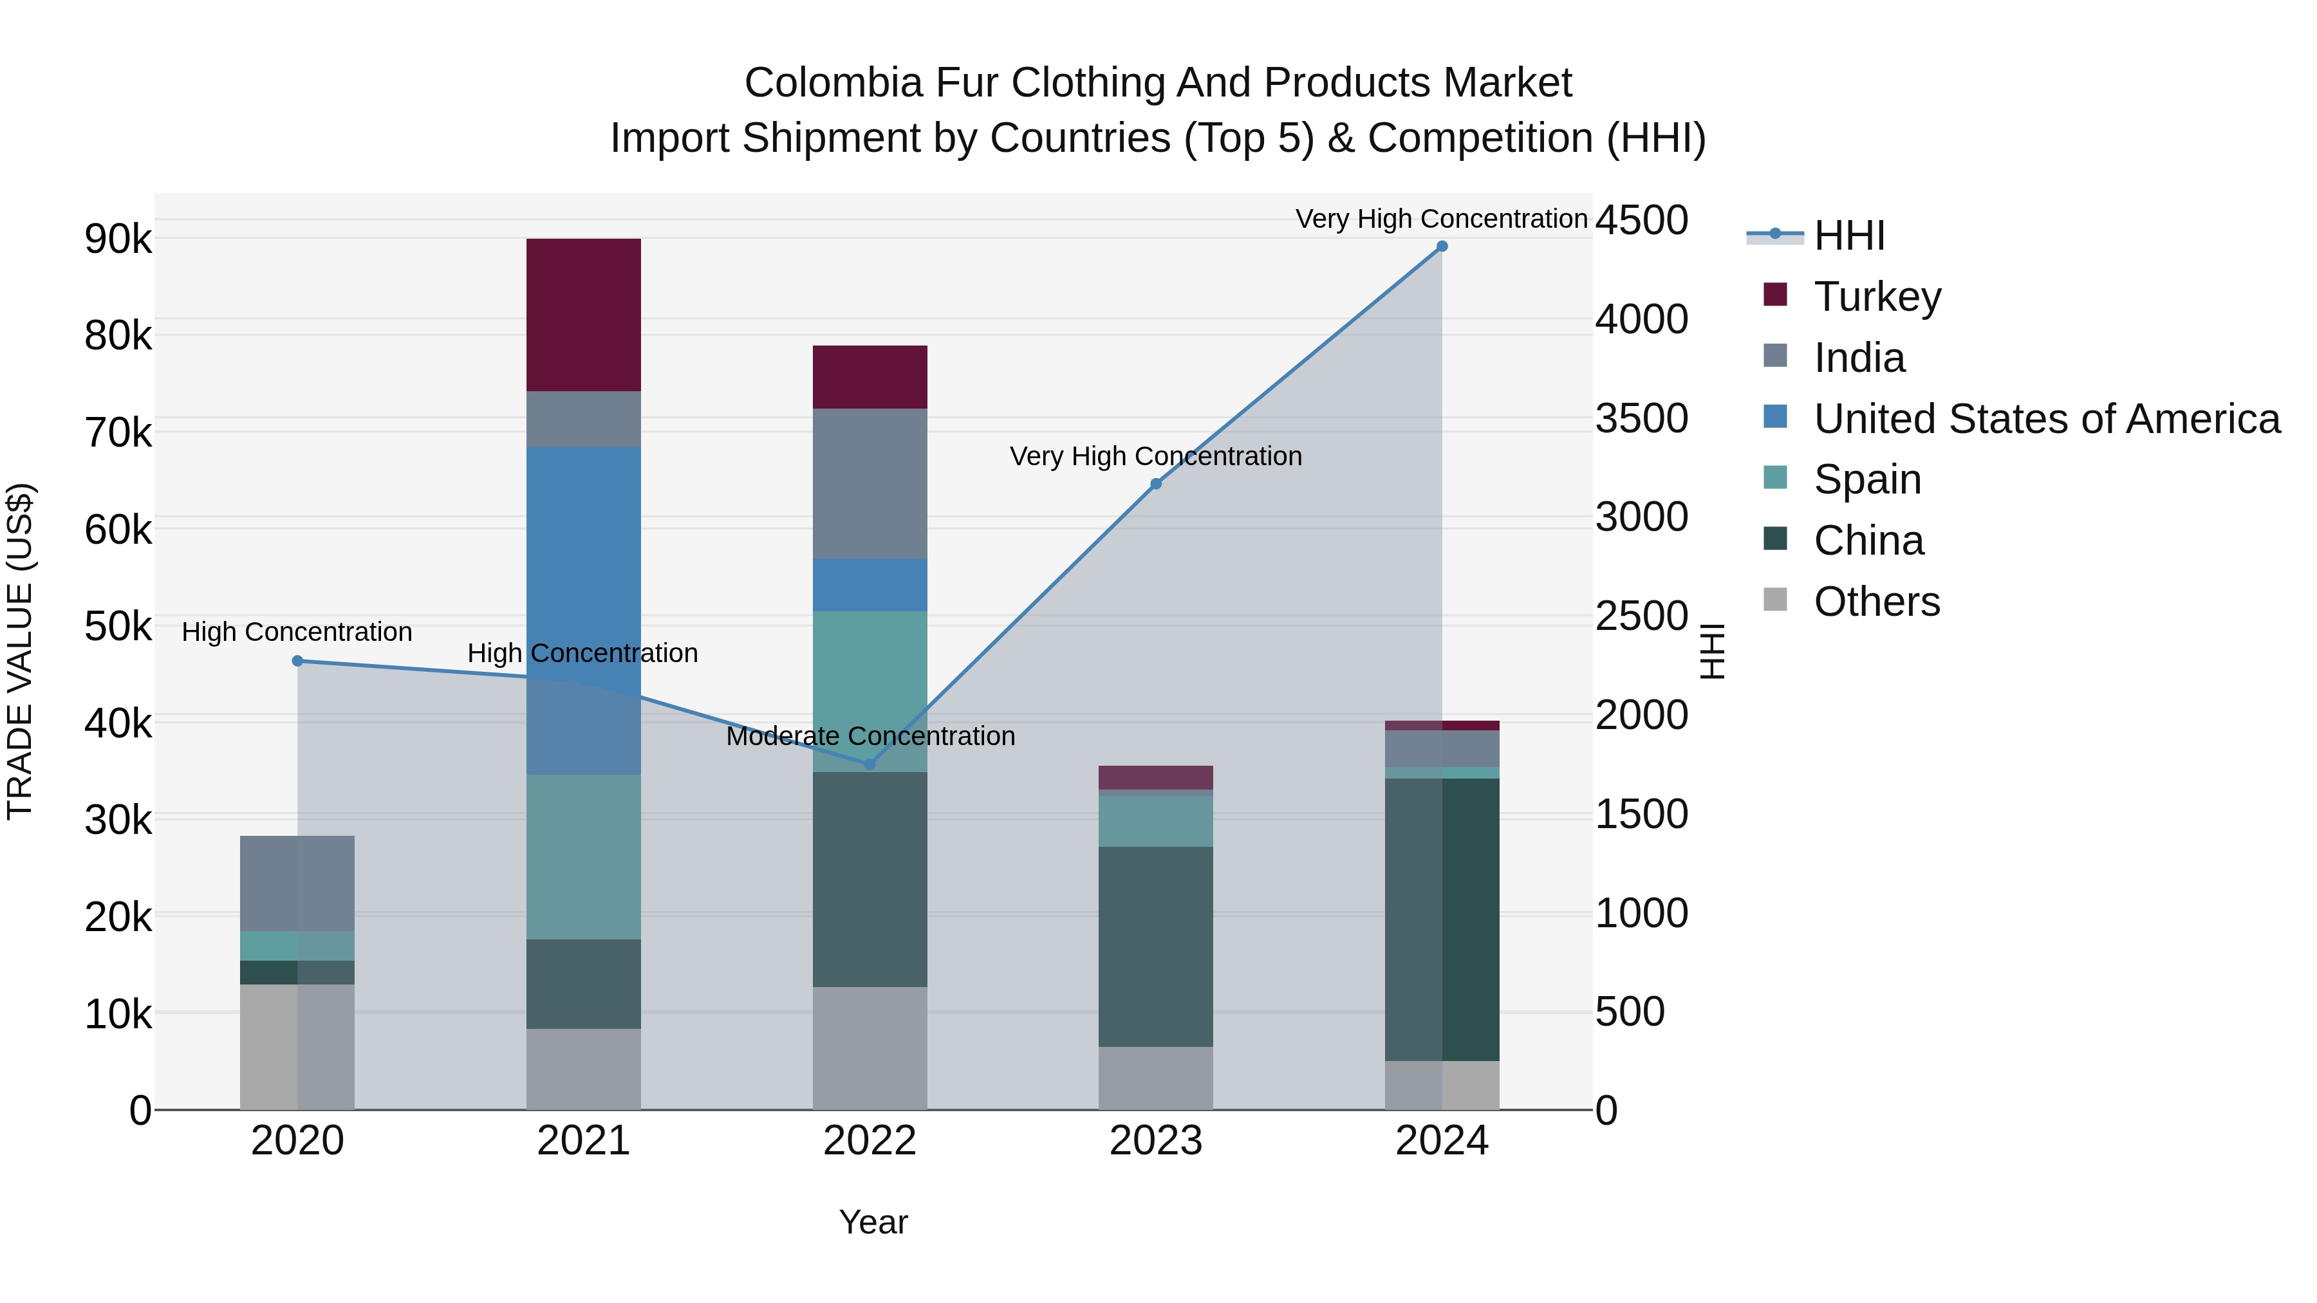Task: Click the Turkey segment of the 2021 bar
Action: [x=583, y=315]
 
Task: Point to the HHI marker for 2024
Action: [x=1442, y=246]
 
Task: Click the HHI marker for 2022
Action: [x=870, y=764]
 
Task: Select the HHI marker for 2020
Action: [x=298, y=661]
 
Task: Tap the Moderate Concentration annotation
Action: [x=870, y=737]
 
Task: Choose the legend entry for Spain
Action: [x=1867, y=479]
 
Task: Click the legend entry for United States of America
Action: [x=2046, y=419]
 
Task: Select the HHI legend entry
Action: [x=1848, y=236]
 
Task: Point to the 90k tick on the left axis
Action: [x=118, y=240]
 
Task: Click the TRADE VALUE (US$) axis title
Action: [x=20, y=651]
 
